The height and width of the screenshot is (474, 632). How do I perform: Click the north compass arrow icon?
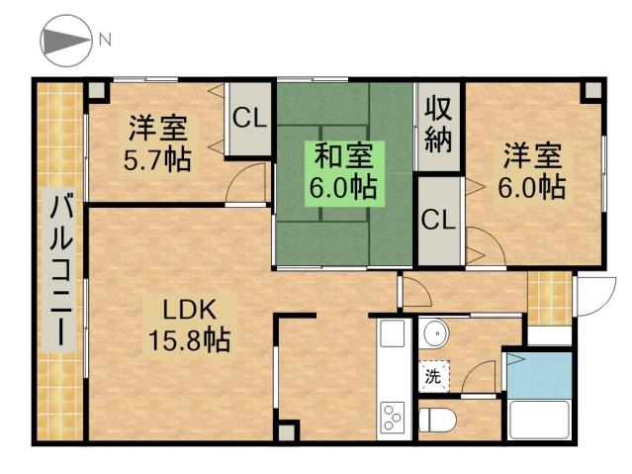63,43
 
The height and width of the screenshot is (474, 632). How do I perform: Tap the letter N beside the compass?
104,41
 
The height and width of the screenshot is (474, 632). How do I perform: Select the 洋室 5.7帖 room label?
158,143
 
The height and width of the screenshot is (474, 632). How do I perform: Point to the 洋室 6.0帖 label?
533,170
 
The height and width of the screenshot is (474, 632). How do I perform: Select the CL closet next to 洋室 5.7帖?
249,119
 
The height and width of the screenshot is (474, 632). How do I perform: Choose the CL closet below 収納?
438,220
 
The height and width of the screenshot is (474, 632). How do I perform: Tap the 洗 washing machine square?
432,376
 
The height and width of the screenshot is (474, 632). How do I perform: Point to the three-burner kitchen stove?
393,419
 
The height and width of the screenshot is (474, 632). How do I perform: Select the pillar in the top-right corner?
590,89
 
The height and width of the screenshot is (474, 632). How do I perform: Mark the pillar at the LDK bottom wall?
285,431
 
